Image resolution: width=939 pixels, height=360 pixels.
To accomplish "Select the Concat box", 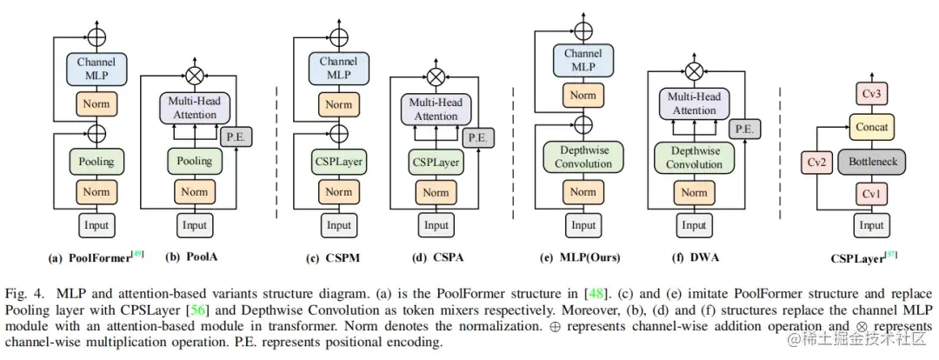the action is (x=871, y=128).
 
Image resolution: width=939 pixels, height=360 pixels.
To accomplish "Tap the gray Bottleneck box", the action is (x=871, y=161).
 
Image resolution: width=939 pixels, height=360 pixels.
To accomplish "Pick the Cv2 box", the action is (x=816, y=162).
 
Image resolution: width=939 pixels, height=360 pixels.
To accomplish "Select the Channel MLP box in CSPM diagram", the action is (x=339, y=69).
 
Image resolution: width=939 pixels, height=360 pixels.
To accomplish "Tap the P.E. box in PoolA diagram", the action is (x=237, y=137).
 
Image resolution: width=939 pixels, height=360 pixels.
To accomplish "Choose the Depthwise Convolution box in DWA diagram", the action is (x=694, y=157).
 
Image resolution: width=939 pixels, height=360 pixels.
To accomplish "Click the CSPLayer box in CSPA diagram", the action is (x=436, y=162).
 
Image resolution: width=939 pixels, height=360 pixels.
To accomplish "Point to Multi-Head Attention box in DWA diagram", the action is (x=694, y=103).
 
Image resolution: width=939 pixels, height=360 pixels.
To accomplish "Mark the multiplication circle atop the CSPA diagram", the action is (x=436, y=76).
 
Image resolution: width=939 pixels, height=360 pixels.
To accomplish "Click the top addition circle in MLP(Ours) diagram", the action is (x=583, y=30).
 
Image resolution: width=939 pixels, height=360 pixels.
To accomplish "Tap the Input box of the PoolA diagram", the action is (x=195, y=226).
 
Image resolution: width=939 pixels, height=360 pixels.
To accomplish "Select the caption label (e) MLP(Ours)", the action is (x=580, y=258).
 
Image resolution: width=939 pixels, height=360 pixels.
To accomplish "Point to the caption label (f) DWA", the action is (x=696, y=258).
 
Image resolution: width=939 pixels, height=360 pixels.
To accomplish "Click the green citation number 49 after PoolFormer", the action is (x=138, y=255).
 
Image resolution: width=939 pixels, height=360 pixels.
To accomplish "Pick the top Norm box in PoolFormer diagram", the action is (x=97, y=103).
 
